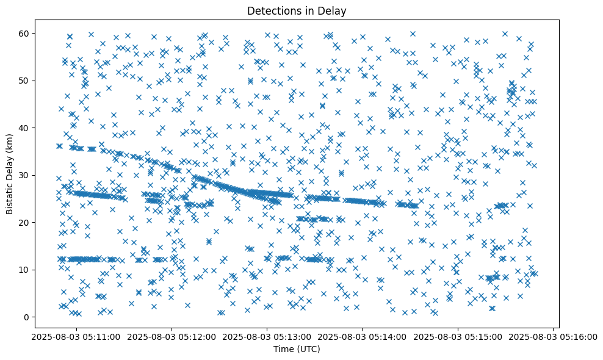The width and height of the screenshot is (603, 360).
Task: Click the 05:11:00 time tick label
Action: (76, 336)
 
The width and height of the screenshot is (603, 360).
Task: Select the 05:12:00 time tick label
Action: (172, 336)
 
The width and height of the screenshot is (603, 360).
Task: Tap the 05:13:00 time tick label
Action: (267, 336)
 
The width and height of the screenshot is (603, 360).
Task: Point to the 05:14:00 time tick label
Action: (363, 336)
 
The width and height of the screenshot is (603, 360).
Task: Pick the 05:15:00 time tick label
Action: (458, 336)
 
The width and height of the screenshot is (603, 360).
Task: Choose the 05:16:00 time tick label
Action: (554, 336)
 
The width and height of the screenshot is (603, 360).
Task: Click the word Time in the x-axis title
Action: (283, 349)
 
